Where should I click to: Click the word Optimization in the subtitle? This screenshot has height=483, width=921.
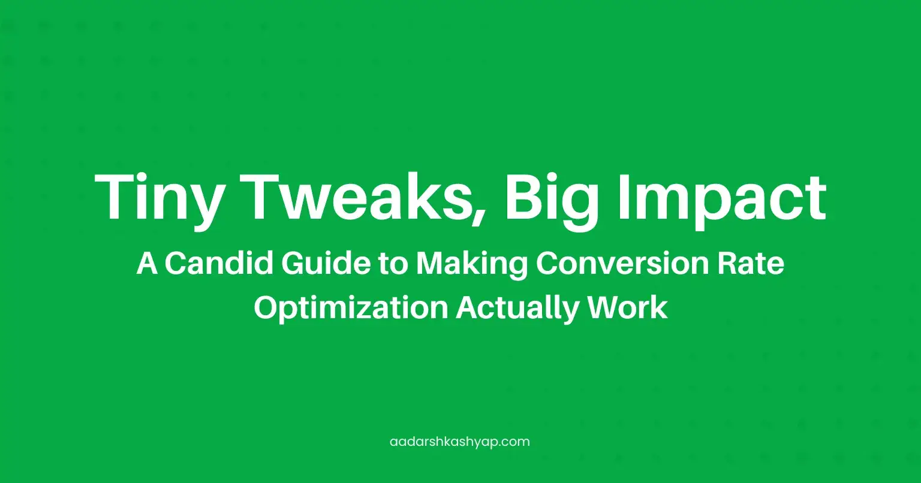point(350,308)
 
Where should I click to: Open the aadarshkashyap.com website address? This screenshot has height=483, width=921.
point(459,442)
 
